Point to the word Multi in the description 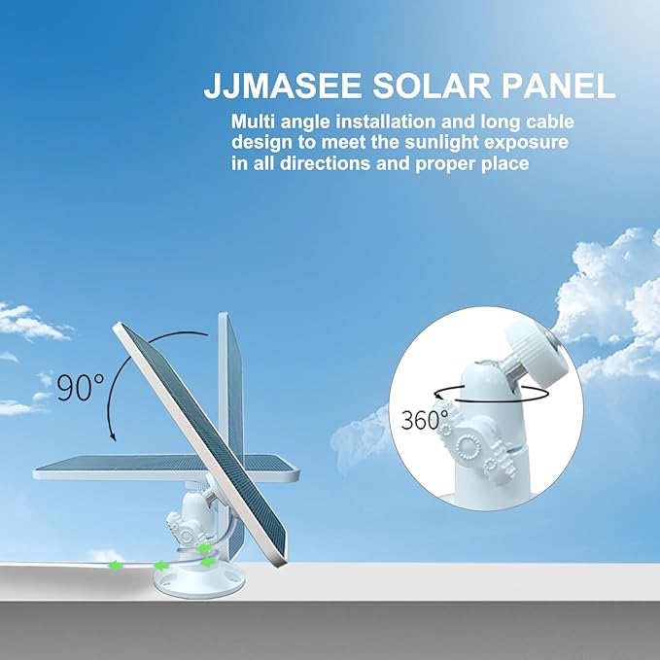(254, 122)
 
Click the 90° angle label (80, 386)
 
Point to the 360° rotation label (425, 420)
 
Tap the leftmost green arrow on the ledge (117, 564)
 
